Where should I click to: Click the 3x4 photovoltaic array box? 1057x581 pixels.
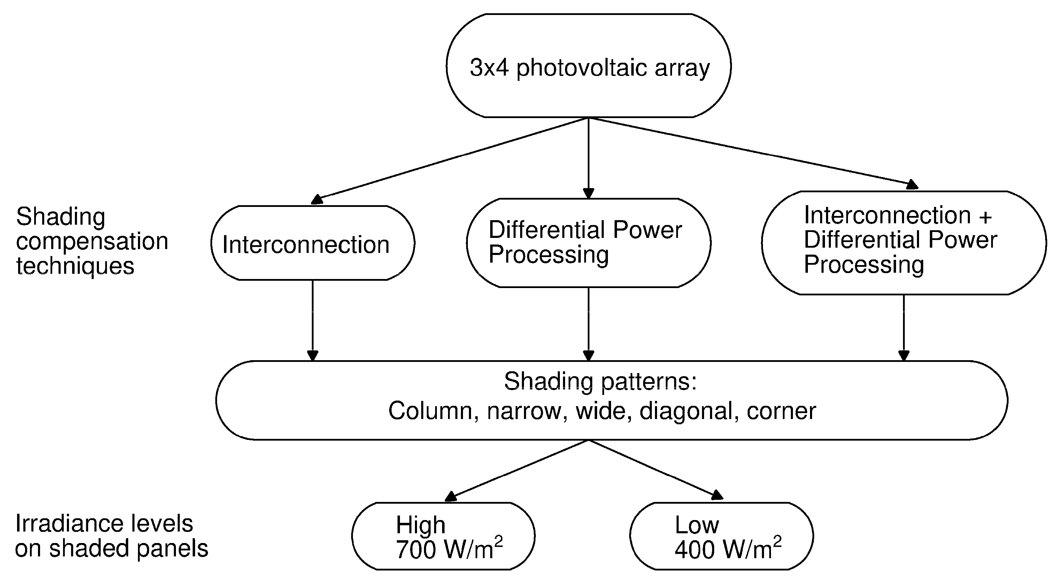[588, 65]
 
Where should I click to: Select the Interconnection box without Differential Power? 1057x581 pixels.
[313, 243]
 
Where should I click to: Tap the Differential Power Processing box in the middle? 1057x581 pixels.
[588, 242]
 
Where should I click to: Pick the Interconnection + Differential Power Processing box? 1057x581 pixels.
[904, 242]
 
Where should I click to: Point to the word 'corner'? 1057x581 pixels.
[781, 411]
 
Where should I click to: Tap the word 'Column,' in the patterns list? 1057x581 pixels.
[433, 411]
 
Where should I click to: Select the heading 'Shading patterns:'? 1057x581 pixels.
[600, 381]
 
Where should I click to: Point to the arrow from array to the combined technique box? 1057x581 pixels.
[751, 152]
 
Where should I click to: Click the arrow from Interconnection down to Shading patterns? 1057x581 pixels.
[313, 320]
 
